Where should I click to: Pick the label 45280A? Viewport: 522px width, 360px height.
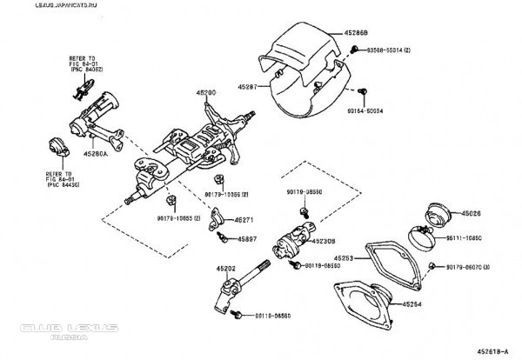click(x=95, y=152)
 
